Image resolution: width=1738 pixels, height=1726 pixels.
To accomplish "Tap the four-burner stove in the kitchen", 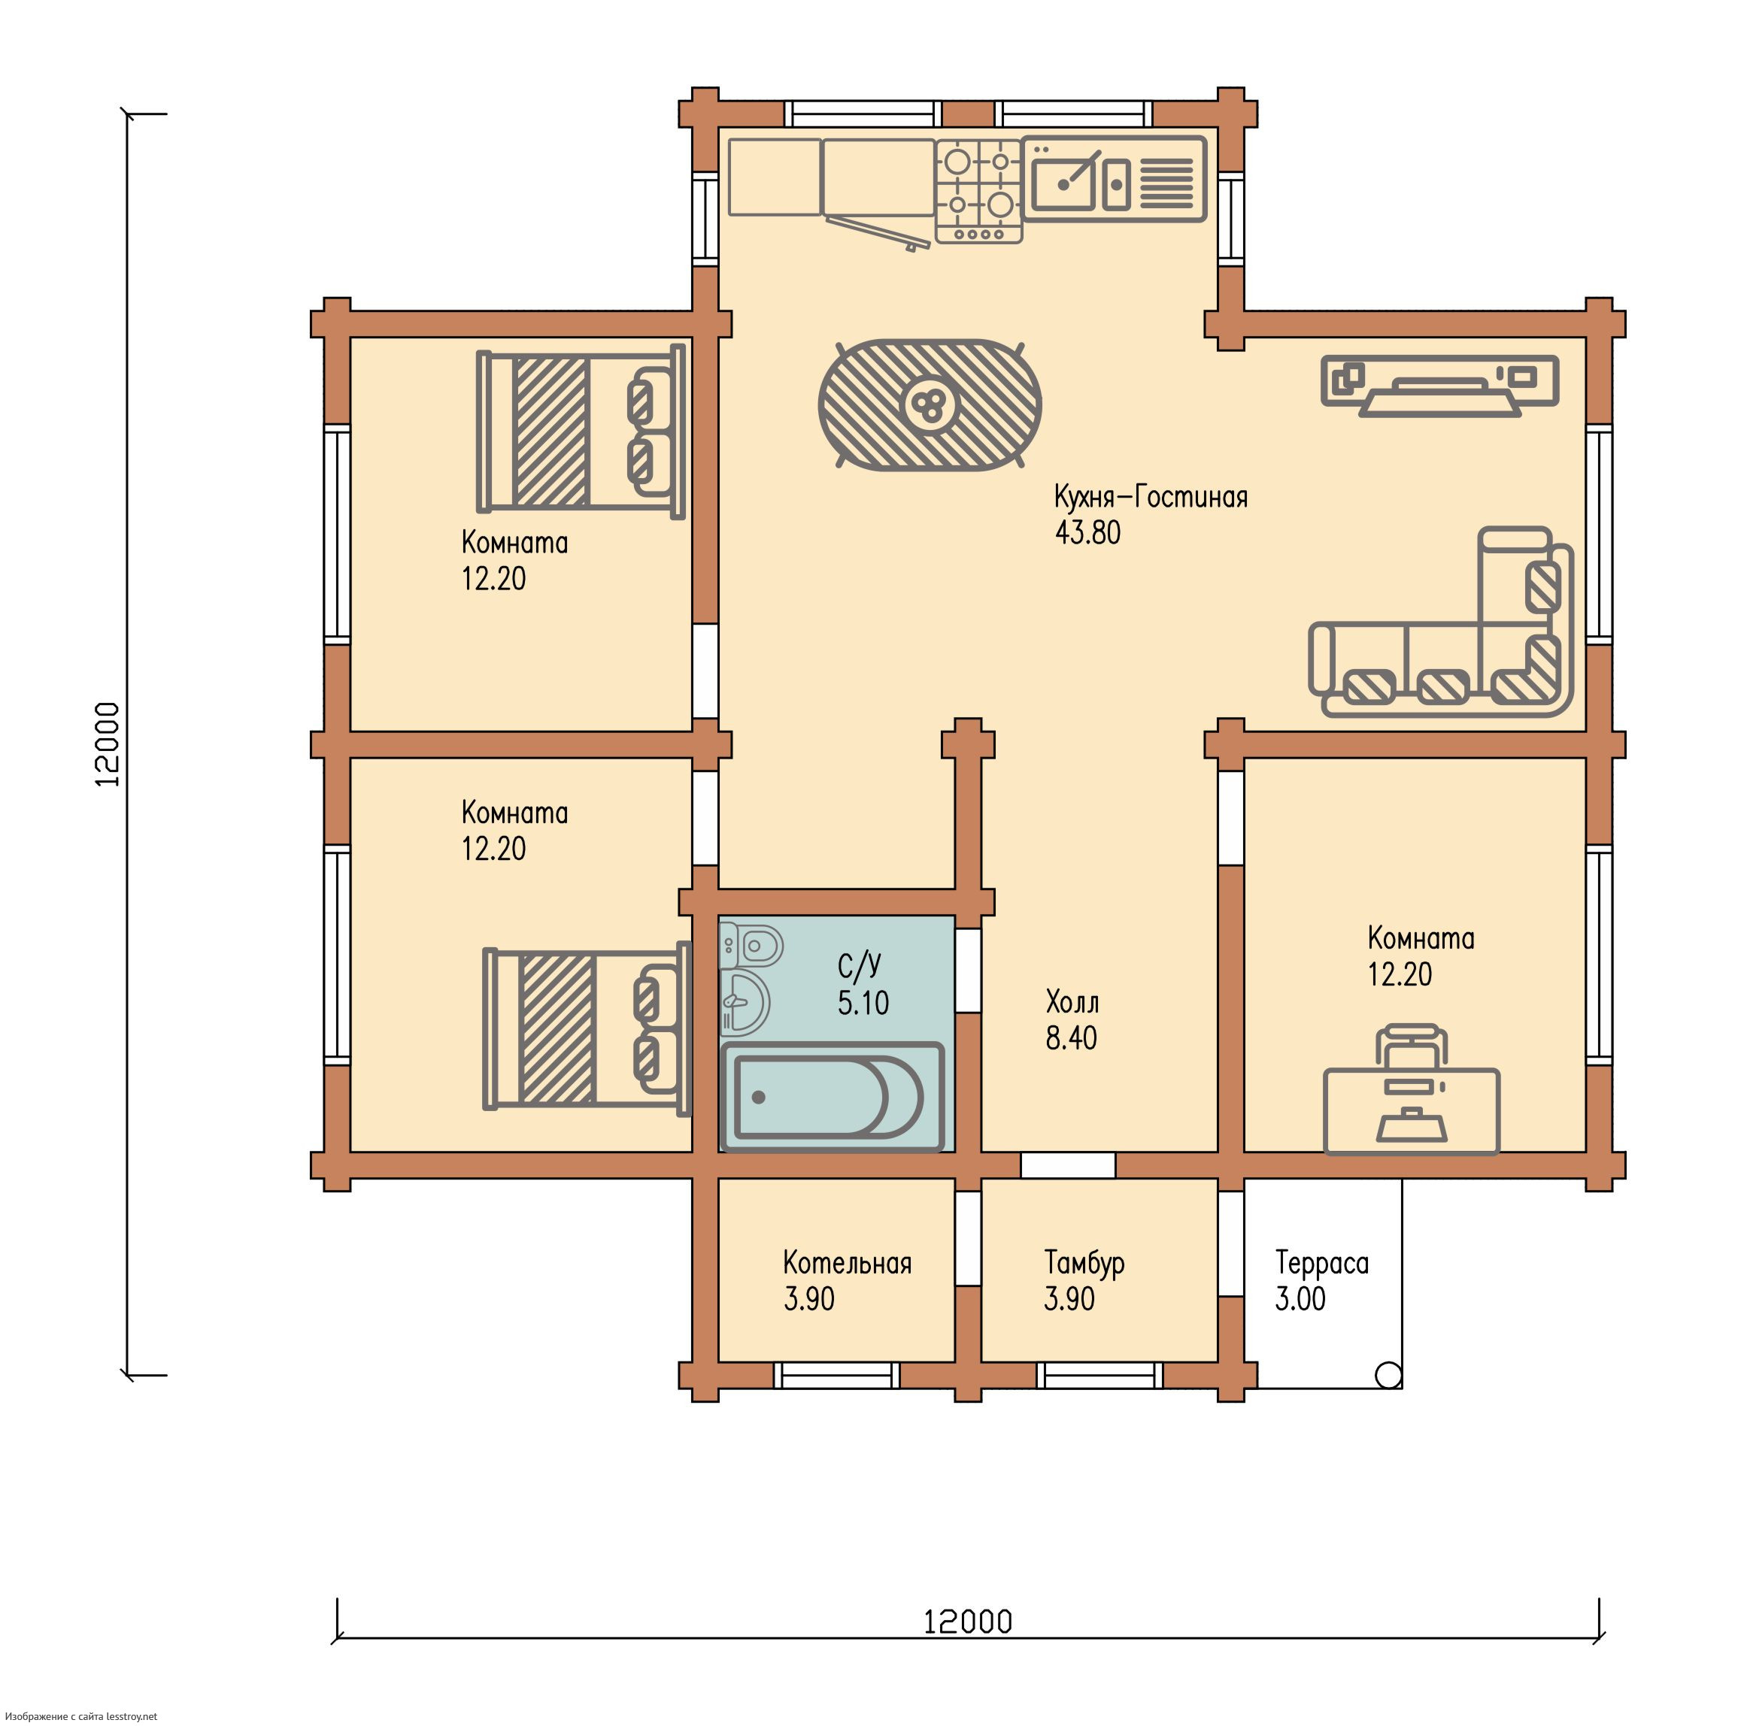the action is (x=978, y=191).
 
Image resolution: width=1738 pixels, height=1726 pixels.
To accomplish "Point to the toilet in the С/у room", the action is (x=752, y=944).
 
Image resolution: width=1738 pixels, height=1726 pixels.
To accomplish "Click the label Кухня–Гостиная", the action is (x=1151, y=496).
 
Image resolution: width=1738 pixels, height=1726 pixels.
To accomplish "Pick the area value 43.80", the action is (x=1087, y=532).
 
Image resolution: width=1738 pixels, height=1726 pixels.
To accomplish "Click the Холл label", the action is (x=1072, y=1001).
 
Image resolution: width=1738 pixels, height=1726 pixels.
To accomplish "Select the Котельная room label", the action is (x=847, y=1263).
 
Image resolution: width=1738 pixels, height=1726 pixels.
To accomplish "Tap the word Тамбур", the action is (x=1084, y=1264).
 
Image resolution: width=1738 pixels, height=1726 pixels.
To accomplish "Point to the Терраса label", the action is (x=1321, y=1264).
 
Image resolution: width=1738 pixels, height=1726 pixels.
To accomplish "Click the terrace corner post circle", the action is (x=1388, y=1374).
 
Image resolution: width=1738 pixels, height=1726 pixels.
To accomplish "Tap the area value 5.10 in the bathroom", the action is (x=863, y=1003).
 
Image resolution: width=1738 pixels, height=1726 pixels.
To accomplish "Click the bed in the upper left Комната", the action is (x=581, y=431).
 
